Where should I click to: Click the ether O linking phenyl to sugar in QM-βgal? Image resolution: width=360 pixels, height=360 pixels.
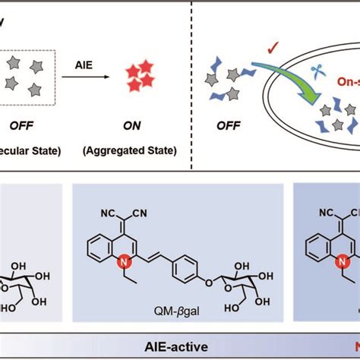pos(204,285)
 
